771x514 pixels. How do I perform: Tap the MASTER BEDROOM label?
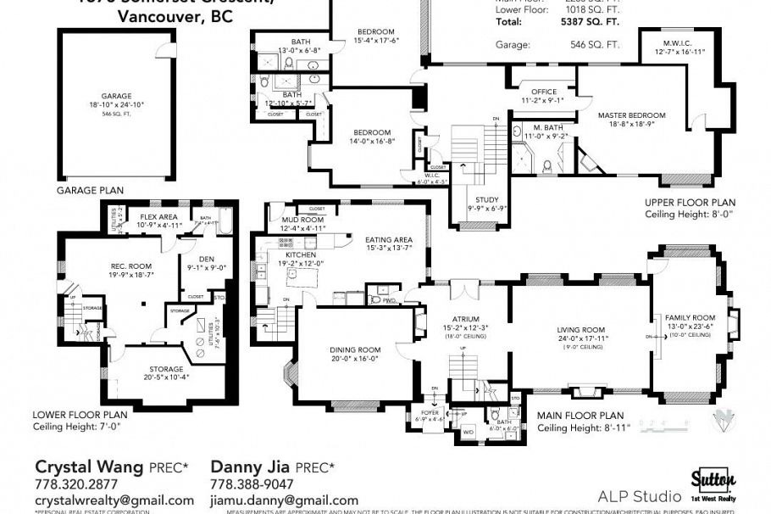click(631, 115)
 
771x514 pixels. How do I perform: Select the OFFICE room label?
click(542, 92)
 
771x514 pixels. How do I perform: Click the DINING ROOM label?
click(355, 349)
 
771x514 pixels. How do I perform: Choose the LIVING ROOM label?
click(580, 330)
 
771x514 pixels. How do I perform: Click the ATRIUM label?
click(461, 318)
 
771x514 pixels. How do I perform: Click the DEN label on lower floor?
click(206, 260)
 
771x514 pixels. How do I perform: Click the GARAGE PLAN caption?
click(91, 191)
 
